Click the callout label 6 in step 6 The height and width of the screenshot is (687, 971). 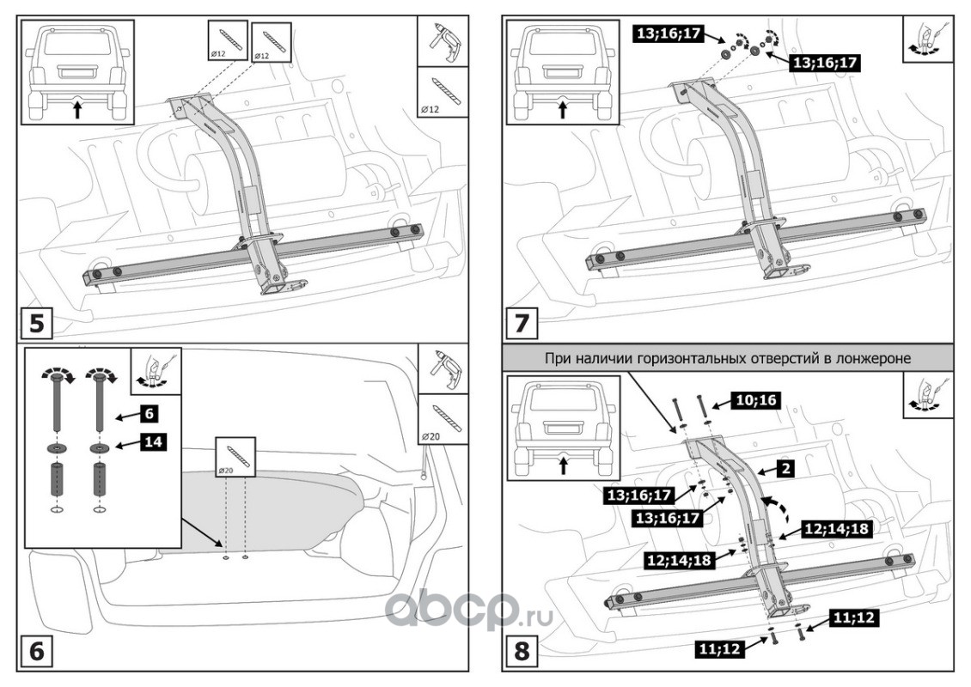point(148,412)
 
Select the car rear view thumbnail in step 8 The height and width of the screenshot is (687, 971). point(562,428)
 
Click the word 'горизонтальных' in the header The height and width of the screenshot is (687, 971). point(695,357)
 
